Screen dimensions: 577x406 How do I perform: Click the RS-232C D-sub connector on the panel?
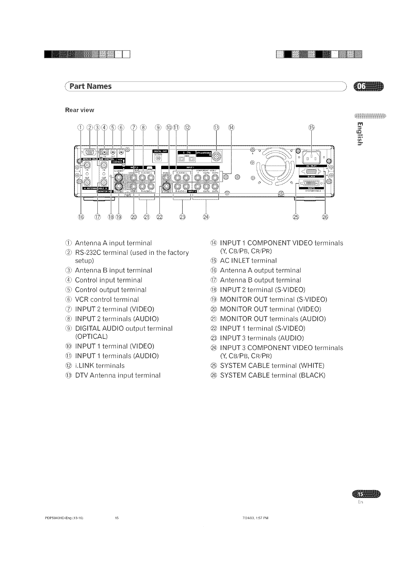tap(90, 152)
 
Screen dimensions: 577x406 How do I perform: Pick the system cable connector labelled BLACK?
tap(311, 172)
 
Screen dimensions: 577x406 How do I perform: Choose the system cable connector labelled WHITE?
tap(311, 183)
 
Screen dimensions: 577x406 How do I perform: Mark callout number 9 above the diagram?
tap(158, 127)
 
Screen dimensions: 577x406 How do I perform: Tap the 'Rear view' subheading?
tap(79, 110)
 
